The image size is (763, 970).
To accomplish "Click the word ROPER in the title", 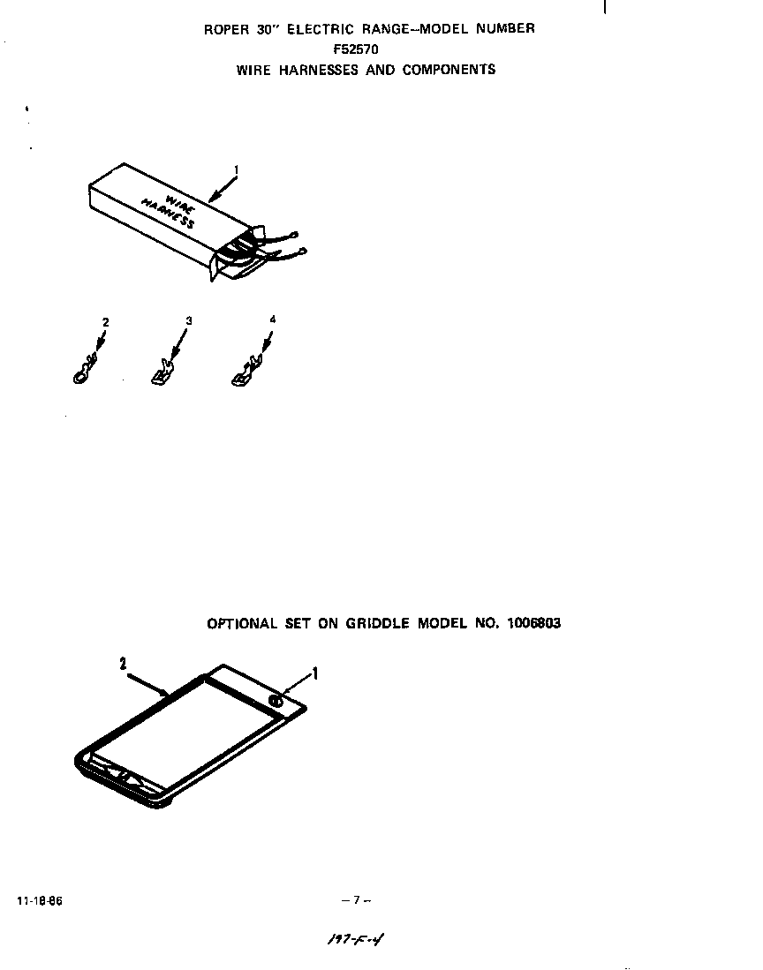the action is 224,28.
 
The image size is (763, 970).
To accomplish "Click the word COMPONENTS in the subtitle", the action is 449,70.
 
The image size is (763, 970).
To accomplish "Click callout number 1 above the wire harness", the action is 236,168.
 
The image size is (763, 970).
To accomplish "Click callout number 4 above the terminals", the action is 272,319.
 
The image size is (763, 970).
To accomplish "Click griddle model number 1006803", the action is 534,623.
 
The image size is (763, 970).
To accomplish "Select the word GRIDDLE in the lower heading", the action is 377,623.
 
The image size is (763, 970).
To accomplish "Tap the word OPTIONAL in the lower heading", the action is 242,623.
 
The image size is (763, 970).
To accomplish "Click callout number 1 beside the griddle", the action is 315,674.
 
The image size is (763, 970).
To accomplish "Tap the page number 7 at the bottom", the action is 356,900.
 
